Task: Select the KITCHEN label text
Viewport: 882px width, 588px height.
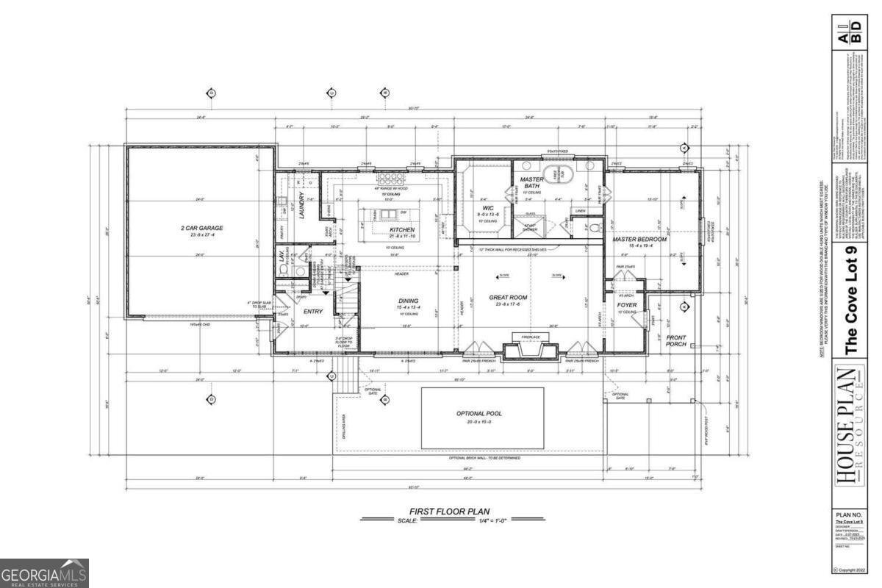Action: tap(402, 230)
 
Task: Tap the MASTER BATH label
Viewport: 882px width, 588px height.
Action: tap(531, 183)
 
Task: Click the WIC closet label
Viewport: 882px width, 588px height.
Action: tap(487, 207)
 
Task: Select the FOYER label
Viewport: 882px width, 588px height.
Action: tap(626, 304)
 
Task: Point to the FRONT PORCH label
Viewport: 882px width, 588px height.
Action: tap(676, 340)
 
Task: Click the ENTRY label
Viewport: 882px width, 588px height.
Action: tap(313, 312)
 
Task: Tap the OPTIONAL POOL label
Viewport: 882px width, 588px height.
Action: tap(479, 413)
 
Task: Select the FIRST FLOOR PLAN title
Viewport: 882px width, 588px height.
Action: tap(449, 511)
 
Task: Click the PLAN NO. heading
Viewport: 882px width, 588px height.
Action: tap(853, 514)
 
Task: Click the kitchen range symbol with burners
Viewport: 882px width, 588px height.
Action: tap(387, 179)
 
